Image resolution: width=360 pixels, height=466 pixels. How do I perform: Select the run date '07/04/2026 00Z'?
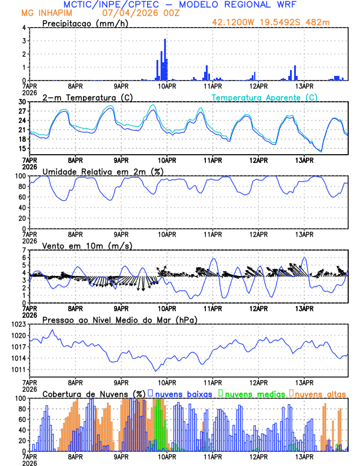tap(136, 12)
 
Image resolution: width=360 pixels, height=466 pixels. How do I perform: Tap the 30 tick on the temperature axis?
tap(22, 102)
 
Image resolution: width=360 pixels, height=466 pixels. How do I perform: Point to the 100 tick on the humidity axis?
tap(19, 176)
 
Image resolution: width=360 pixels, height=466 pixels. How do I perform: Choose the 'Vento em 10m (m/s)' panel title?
tap(87, 245)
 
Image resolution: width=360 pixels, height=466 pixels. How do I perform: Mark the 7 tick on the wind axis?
tap(24, 250)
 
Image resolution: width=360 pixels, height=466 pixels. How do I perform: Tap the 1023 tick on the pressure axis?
tap(18, 324)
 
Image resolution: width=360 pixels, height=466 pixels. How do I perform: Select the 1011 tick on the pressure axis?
tap(18, 370)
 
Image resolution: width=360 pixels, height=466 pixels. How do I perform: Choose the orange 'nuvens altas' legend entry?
tap(320, 393)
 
